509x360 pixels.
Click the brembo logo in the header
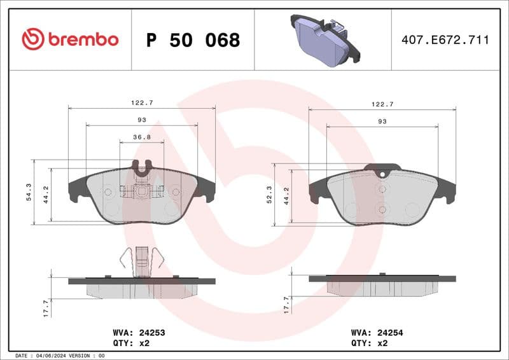click(x=70, y=39)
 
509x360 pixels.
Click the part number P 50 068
click(x=193, y=40)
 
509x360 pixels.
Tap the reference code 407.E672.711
click(x=445, y=40)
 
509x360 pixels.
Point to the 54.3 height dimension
click(x=29, y=192)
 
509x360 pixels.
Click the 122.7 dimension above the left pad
click(x=141, y=102)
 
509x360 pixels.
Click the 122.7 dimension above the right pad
click(x=382, y=104)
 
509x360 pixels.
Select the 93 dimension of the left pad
click(x=141, y=120)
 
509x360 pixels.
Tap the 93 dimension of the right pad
click(x=382, y=121)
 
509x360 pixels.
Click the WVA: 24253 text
click(x=138, y=332)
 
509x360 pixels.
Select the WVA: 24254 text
click(x=377, y=332)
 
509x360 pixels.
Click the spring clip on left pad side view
click(x=141, y=261)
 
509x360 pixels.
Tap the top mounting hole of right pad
click(x=381, y=175)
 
